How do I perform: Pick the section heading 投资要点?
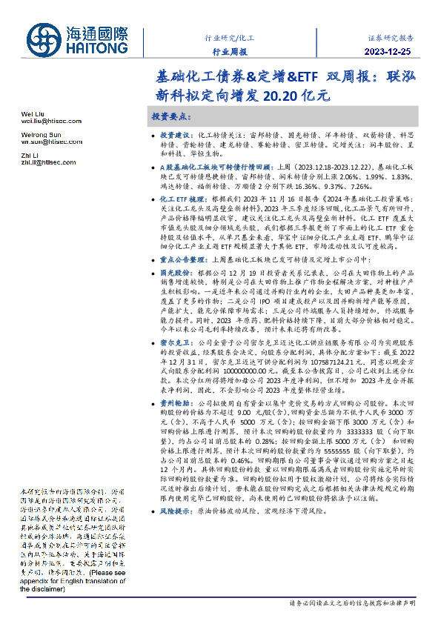coord(172,117)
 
